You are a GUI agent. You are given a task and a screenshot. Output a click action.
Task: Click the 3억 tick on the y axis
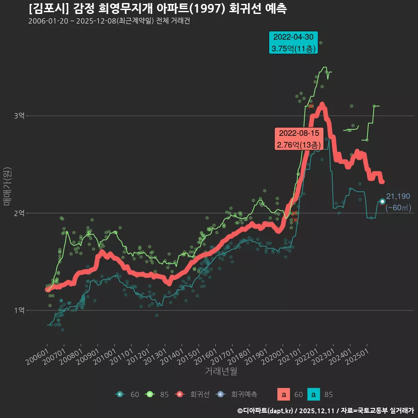pyautogui.click(x=19, y=116)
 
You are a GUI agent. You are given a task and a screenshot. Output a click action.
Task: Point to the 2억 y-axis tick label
pyautogui.click(x=19, y=213)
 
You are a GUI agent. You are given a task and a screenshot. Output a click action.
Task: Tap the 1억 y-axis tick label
pyautogui.click(x=19, y=310)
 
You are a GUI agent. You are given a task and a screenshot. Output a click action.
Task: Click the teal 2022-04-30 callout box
pyautogui.click(x=293, y=43)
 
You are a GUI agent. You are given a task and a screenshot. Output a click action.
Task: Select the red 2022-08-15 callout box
pyautogui.click(x=299, y=139)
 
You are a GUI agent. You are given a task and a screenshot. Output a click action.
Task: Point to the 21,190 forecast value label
pyautogui.click(x=398, y=196)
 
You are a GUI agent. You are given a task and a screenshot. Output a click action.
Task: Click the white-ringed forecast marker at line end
pyautogui.click(x=382, y=201)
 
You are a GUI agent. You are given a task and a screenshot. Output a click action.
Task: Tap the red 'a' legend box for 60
pyautogui.click(x=284, y=394)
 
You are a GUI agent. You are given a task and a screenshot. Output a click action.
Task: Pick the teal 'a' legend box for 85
pyautogui.click(x=314, y=394)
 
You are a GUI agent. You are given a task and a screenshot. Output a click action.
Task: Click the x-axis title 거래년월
pyautogui.click(x=221, y=371)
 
